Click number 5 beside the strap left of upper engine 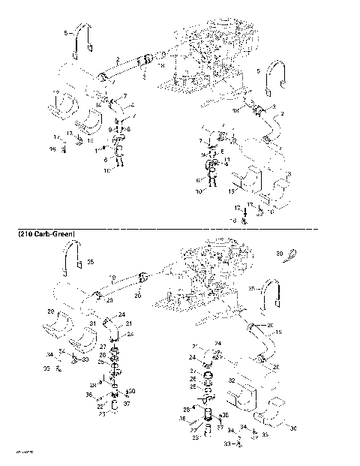coord(66,34)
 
